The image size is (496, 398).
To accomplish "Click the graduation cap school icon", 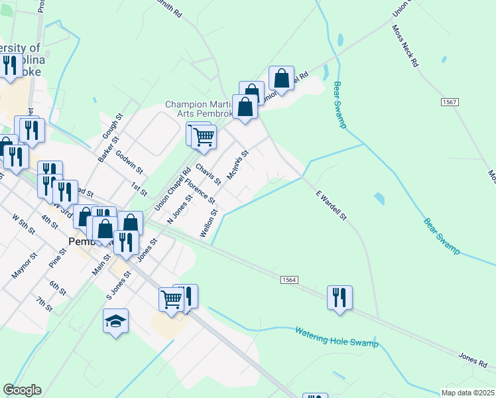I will click(116, 322).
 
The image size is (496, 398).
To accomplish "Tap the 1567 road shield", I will click(450, 101).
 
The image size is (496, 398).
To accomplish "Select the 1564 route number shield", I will click(287, 281).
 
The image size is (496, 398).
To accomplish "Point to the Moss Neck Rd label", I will click(406, 47).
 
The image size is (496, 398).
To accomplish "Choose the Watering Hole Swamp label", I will click(336, 336).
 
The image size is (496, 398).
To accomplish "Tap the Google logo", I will click(22, 390).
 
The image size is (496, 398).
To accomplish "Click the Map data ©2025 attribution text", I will click(467, 392).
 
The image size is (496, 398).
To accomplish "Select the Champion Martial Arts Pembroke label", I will click(200, 109).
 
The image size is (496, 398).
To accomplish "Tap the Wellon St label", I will click(209, 223).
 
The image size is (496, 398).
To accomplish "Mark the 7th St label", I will click(44, 304).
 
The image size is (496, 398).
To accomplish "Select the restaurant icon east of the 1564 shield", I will click(340, 297).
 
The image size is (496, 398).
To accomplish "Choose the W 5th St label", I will click(24, 224).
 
